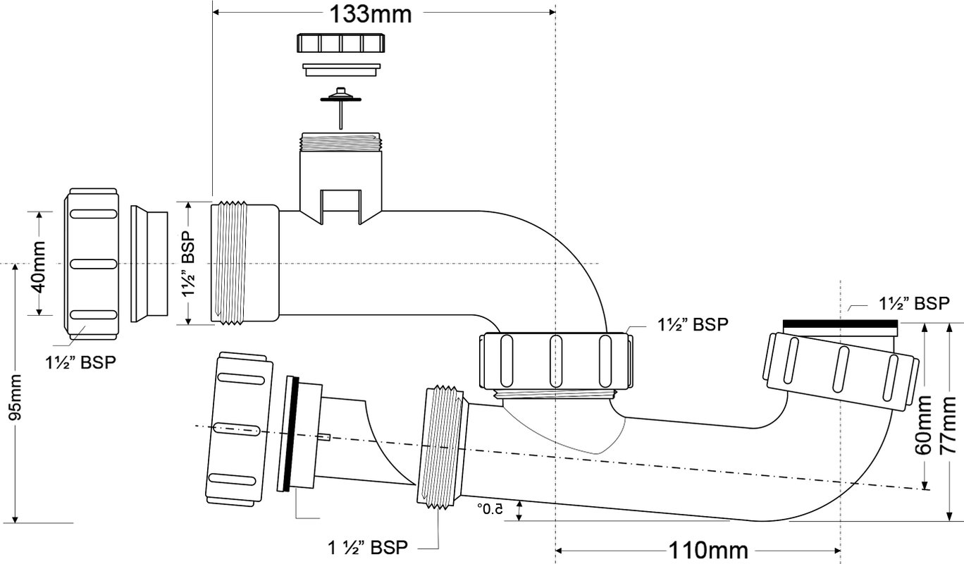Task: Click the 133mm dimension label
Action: click(x=370, y=14)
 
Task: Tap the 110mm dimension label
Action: click(x=708, y=550)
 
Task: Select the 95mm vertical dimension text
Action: click(x=15, y=398)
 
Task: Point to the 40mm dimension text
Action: click(x=38, y=267)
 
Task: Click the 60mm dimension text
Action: click(x=922, y=425)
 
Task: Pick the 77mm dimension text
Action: click(x=947, y=425)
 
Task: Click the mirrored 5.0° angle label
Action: click(x=490, y=510)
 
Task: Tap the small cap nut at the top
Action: click(x=340, y=42)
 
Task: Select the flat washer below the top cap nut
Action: click(x=341, y=70)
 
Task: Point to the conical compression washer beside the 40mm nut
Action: click(x=149, y=264)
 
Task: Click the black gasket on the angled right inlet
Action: click(x=840, y=324)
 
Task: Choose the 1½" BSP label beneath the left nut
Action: click(x=81, y=362)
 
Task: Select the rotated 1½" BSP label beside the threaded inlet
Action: click(x=188, y=264)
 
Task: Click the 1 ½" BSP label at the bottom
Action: click(x=368, y=548)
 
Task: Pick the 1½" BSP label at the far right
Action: click(x=914, y=304)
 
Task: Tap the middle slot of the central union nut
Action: click(x=555, y=361)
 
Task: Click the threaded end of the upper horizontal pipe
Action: click(x=230, y=263)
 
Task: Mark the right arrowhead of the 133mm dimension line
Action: click(x=552, y=12)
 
